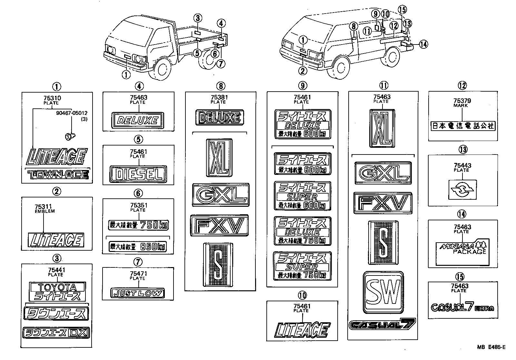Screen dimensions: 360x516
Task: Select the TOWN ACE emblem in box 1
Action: tap(58, 175)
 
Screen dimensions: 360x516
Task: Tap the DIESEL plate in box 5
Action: tap(138, 175)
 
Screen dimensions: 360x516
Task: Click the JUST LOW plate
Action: tap(137, 294)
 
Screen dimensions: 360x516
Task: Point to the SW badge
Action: tap(383, 293)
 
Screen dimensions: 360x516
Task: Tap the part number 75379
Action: tap(462, 101)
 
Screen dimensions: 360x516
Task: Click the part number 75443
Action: tap(462, 165)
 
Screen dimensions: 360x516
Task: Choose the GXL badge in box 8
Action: tap(221, 195)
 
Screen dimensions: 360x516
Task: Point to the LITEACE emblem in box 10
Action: tap(302, 330)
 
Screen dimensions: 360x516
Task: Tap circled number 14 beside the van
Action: tap(424, 44)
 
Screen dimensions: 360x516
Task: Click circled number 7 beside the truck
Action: tap(220, 64)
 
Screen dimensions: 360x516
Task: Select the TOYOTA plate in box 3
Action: tap(57, 287)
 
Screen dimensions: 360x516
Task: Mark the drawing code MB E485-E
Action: tap(491, 347)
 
